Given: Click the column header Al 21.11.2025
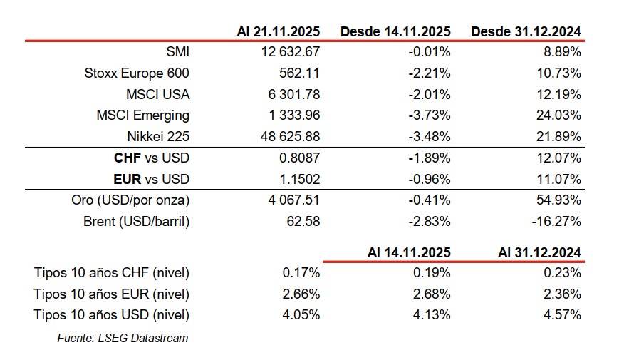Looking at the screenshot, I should pyautogui.click(x=279, y=31).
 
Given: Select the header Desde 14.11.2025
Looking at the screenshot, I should pyautogui.click(x=395, y=31).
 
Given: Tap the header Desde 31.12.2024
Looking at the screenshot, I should pyautogui.click(x=526, y=31).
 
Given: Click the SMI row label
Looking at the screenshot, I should pyautogui.click(x=177, y=51).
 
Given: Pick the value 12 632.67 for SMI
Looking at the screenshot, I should pyautogui.click(x=291, y=51).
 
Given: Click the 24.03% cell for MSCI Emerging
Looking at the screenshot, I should pyautogui.click(x=562, y=115).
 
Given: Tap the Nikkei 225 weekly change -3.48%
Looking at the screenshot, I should pyautogui.click(x=432, y=136).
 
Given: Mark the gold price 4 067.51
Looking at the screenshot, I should pyautogui.click(x=292, y=200).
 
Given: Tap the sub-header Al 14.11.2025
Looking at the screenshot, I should pyautogui.click(x=409, y=252).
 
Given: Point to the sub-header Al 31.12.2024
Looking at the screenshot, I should pyautogui.click(x=539, y=252).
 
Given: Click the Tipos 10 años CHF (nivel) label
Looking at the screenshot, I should pyautogui.click(x=112, y=272).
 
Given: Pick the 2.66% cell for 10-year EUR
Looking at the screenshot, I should pyautogui.click(x=302, y=294).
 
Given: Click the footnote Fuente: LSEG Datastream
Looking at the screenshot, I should pyautogui.click(x=123, y=338).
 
